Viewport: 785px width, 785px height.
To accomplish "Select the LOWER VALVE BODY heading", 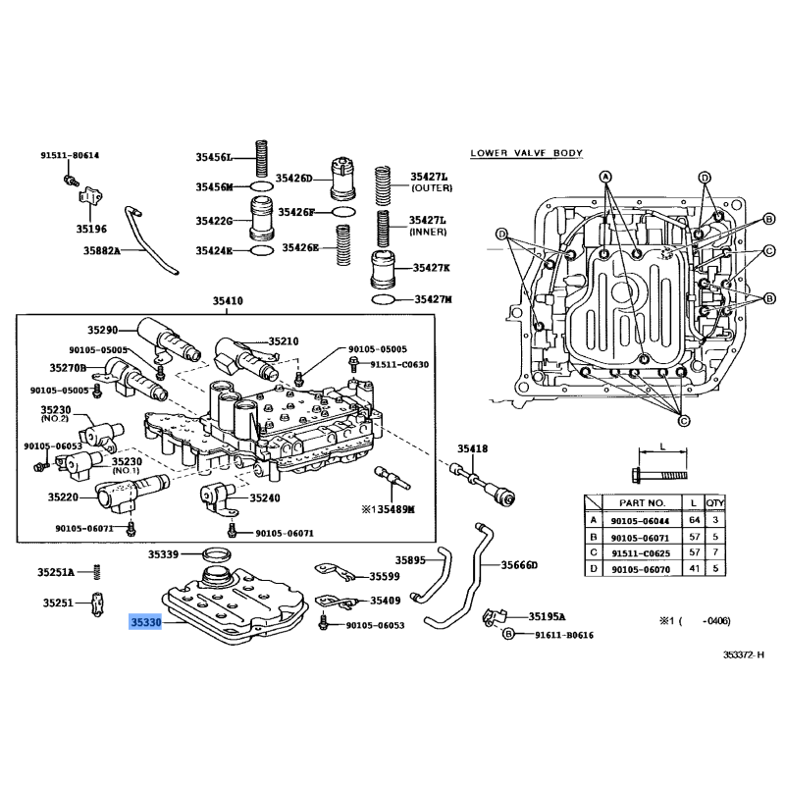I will [526, 153].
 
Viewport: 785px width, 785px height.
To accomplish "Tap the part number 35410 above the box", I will [228, 301].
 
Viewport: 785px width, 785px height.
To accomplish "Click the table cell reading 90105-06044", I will [639, 521].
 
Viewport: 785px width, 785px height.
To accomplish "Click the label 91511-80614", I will [70, 156].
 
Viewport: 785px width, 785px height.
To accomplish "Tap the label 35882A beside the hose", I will [101, 251].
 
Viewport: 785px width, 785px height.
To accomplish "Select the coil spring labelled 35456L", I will [262, 158].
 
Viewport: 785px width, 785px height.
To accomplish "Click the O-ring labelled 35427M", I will [384, 298].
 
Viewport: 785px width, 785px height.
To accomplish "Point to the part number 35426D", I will [293, 179].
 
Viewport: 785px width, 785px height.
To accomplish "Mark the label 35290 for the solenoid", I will [102, 331].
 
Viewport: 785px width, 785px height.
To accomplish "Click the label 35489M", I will [392, 509].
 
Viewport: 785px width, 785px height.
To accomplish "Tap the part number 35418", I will [471, 449].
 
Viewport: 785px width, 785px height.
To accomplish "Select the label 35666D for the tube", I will [520, 565].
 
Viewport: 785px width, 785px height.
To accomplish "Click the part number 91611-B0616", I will [564, 635].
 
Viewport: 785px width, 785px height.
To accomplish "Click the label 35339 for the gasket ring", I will [164, 554].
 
